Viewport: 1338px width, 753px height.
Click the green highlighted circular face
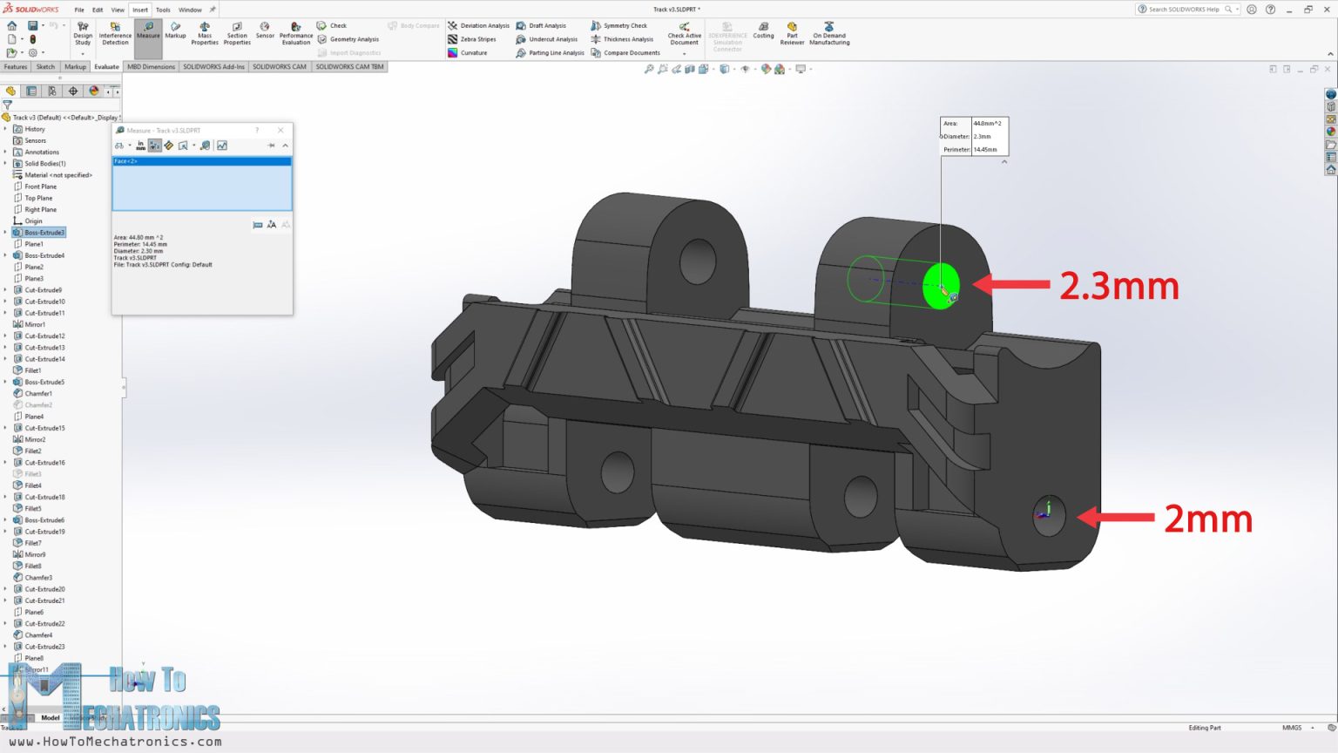(939, 285)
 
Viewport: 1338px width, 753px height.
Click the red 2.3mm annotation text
(1118, 286)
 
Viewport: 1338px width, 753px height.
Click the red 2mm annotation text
(1207, 519)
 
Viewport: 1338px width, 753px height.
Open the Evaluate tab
(106, 66)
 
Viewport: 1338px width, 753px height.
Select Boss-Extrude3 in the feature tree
(44, 233)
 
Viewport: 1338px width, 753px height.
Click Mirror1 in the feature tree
(35, 324)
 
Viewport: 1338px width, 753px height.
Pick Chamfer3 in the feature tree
(38, 578)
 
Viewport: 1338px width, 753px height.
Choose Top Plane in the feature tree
(38, 198)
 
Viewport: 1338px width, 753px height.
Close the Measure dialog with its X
(280, 131)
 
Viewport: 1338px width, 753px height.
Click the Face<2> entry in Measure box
(126, 161)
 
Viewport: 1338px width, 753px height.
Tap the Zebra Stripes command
(477, 39)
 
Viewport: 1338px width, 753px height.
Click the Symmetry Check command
(625, 25)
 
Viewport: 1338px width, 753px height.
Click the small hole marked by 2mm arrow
(1048, 516)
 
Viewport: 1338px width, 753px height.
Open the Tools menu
(163, 10)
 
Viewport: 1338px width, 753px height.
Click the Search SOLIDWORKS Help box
(1185, 10)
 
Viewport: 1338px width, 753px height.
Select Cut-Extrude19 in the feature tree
(44, 532)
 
